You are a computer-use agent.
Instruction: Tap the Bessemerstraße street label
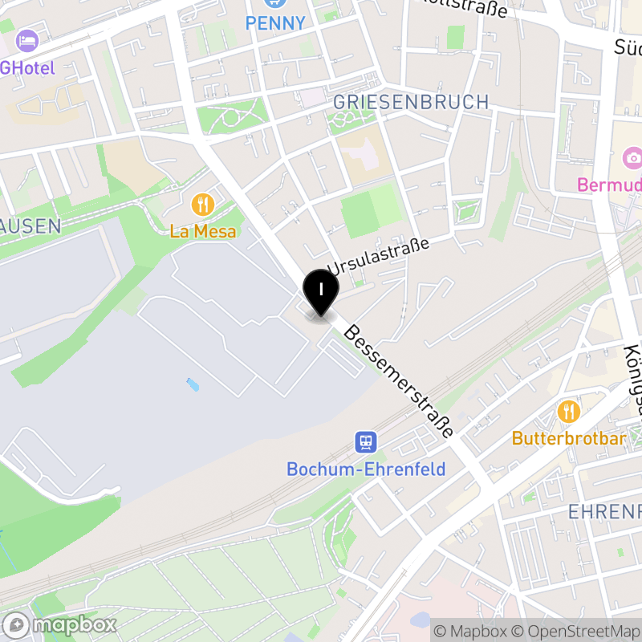399,381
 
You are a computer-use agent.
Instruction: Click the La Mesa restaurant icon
203,205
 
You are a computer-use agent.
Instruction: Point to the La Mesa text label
203,232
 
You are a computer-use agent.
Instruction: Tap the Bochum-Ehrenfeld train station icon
366,442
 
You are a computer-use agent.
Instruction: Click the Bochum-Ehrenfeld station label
366,469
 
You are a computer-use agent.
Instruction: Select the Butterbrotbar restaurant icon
569,412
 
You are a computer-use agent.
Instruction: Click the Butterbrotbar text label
569,439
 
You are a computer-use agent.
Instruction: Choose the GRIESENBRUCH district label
410,102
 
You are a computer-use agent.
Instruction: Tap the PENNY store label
276,23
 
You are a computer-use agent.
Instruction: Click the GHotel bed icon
27,39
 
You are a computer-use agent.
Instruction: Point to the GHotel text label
27,67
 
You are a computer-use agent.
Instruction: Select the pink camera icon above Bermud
632,157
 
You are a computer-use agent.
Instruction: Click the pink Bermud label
609,185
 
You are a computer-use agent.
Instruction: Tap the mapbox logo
60,624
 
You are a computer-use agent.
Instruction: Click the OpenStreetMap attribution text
577,631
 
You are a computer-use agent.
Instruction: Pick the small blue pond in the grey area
193,384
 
